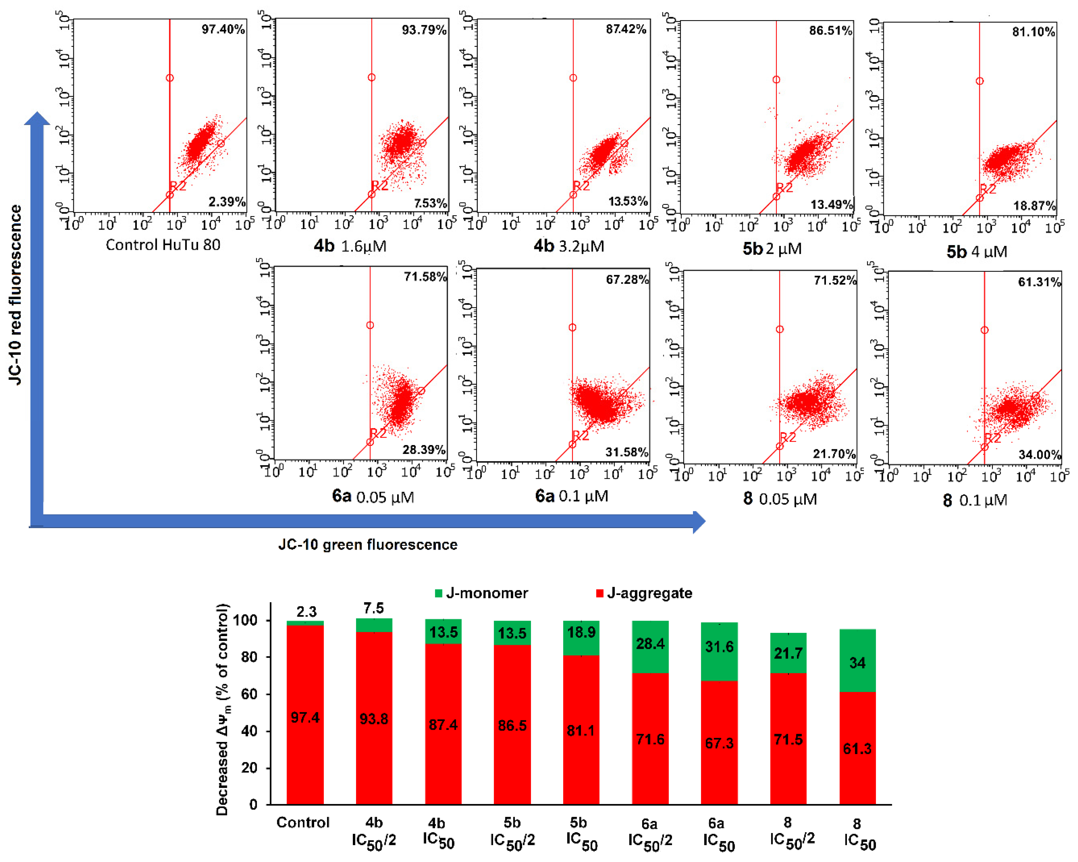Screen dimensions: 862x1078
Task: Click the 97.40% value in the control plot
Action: pyautogui.click(x=223, y=30)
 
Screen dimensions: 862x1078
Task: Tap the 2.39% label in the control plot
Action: pyautogui.click(x=226, y=202)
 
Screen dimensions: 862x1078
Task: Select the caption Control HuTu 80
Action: pyautogui.click(x=163, y=245)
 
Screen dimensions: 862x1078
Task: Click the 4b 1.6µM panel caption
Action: pyautogui.click(x=350, y=246)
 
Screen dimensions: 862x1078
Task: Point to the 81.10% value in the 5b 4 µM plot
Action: pyautogui.click(x=1033, y=32)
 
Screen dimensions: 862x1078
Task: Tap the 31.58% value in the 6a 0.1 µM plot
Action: pyautogui.click(x=626, y=452)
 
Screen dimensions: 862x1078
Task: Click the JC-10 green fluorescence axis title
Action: pyautogui.click(x=368, y=544)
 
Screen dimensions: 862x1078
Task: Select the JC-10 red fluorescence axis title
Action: pyautogui.click(x=16, y=295)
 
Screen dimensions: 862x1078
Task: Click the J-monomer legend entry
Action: pyautogui.click(x=481, y=593)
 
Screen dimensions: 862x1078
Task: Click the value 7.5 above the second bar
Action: pyautogui.click(x=374, y=608)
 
